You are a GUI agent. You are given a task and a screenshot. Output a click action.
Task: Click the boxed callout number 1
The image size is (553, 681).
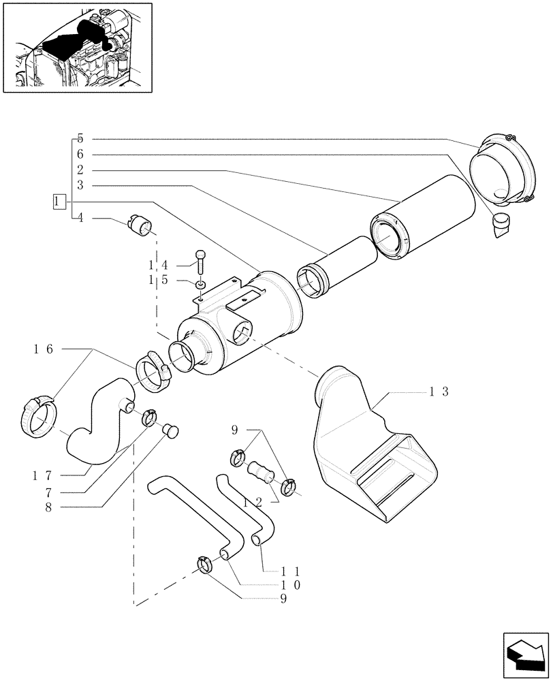pyautogui.click(x=59, y=201)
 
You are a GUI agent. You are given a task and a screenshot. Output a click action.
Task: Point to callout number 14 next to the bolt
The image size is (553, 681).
pyautogui.click(x=158, y=264)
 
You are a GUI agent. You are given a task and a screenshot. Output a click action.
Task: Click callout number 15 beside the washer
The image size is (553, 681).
pyautogui.click(x=158, y=281)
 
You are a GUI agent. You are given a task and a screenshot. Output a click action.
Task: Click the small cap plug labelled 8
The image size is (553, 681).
pyautogui.click(x=171, y=430)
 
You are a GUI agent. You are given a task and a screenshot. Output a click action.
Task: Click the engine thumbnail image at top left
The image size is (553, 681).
pyautogui.click(x=77, y=47)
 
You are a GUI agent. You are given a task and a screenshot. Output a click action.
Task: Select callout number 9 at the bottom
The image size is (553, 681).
pyautogui.click(x=283, y=599)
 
